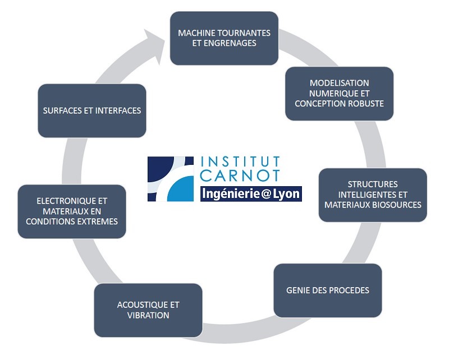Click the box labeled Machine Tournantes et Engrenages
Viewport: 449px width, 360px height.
click(x=224, y=38)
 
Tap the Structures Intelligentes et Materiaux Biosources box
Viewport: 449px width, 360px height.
click(x=373, y=195)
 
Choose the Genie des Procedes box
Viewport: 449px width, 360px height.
click(x=327, y=290)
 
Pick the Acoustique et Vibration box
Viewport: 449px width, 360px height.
click(x=148, y=310)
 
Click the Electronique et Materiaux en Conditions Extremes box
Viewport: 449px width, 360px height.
click(x=72, y=211)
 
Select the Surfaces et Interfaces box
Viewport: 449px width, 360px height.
click(x=92, y=110)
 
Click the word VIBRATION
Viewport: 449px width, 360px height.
click(x=148, y=315)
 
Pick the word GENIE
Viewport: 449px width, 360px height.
click(x=299, y=290)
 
